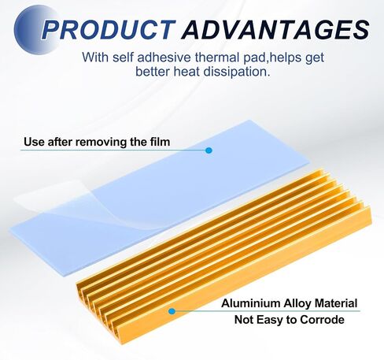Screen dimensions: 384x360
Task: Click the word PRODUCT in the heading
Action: [108, 29]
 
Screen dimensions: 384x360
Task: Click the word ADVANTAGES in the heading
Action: [275, 29]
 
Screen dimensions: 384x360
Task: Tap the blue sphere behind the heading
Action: [37, 29]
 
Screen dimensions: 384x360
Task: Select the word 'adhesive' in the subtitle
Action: [164, 58]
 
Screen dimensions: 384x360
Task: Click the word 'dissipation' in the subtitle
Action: [236, 72]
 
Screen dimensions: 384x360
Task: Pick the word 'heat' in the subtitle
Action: [186, 72]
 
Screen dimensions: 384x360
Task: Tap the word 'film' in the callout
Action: [160, 142]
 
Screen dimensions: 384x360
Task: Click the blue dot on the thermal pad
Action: [209, 150]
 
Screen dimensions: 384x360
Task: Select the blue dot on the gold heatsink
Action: [172, 311]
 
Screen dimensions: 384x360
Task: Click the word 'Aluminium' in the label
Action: [251, 303]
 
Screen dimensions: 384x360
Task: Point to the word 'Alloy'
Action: [297, 304]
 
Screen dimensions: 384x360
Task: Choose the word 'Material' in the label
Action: [336, 303]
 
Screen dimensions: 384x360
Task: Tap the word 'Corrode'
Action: [322, 320]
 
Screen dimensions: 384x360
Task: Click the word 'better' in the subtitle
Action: [153, 72]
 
